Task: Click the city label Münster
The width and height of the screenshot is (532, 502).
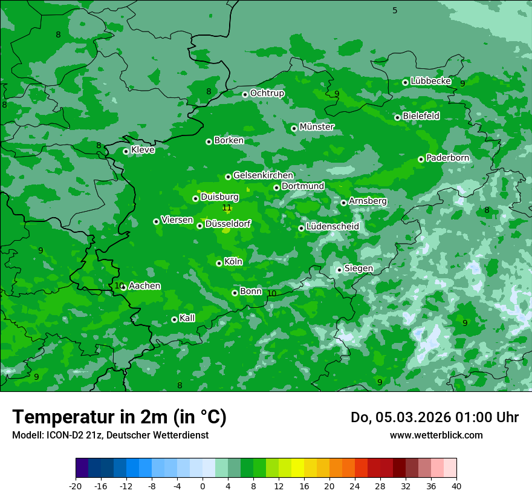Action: [316, 127]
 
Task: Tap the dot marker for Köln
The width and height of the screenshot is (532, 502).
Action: [219, 263]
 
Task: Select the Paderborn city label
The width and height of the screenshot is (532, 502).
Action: [447, 158]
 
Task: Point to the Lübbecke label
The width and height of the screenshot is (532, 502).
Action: [430, 81]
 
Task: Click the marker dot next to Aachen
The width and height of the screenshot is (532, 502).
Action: [123, 288]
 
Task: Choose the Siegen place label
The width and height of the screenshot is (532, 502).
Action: [358, 269]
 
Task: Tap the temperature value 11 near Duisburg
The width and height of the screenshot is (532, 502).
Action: [227, 208]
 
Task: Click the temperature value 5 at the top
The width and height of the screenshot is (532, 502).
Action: [395, 10]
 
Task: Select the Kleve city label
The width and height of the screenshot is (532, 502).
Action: [143, 150]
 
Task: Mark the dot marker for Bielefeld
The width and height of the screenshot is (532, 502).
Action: [397, 117]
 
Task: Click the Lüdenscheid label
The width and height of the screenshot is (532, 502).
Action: [332, 227]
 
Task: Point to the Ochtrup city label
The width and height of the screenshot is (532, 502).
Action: [267, 93]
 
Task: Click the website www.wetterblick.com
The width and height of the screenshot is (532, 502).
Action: [436, 435]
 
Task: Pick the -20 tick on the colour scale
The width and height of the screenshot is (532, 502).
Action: [76, 486]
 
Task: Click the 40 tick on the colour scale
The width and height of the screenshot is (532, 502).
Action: [456, 486]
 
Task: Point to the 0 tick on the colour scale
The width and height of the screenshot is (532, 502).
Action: [203, 486]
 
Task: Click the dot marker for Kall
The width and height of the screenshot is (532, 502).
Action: [174, 319]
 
